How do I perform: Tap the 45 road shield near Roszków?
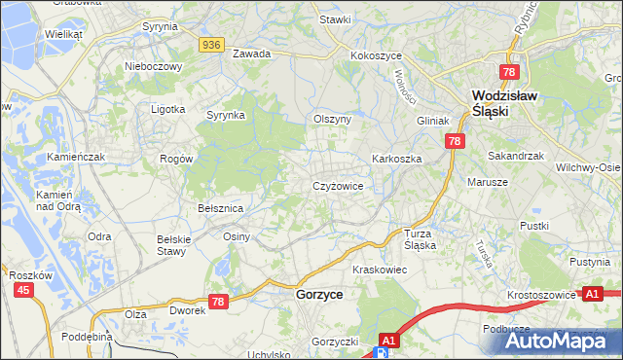tap(23, 290)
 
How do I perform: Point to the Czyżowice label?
tap(338, 185)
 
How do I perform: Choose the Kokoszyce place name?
tap(376, 56)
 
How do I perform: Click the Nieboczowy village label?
tap(154, 66)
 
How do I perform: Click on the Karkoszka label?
tap(395, 158)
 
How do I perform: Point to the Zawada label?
tap(251, 54)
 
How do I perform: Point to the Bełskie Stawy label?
tap(170, 244)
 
